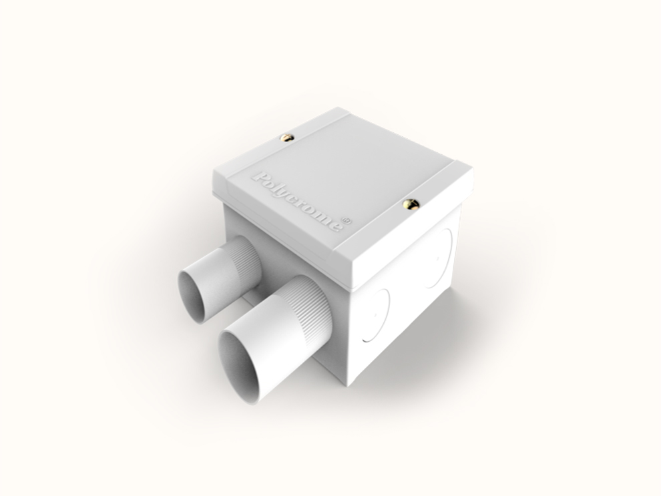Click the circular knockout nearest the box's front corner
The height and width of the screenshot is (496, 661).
(x=377, y=316)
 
